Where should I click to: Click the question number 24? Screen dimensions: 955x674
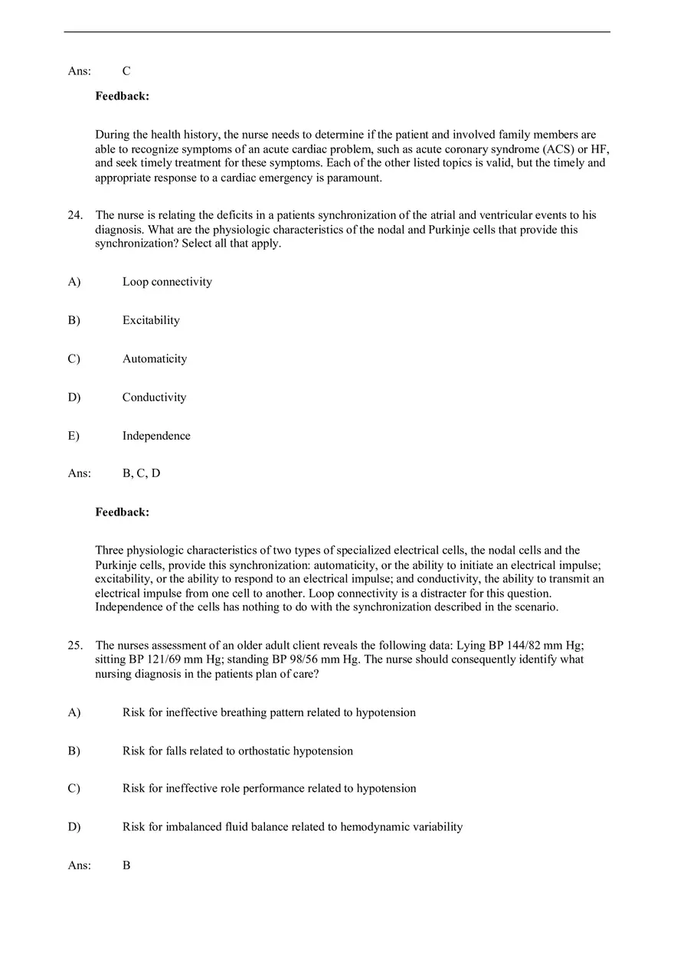tap(75, 216)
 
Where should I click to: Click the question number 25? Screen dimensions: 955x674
tap(75, 646)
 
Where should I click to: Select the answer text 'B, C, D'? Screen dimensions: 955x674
tap(141, 473)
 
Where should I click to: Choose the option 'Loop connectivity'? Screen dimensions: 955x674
tap(167, 282)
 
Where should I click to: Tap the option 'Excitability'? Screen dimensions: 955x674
tap(151, 320)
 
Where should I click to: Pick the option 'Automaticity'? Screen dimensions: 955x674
tap(154, 358)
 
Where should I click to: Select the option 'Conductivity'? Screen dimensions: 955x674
tap(154, 397)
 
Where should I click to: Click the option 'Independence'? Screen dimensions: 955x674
tap(156, 436)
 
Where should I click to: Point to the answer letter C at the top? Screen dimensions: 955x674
tap(126, 71)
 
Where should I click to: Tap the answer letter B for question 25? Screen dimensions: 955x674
tap(126, 865)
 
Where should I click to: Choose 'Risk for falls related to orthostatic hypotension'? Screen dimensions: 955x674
tap(237, 751)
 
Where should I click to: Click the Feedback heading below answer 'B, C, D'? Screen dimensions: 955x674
tap(122, 512)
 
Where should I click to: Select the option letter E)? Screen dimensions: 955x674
tap(74, 436)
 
